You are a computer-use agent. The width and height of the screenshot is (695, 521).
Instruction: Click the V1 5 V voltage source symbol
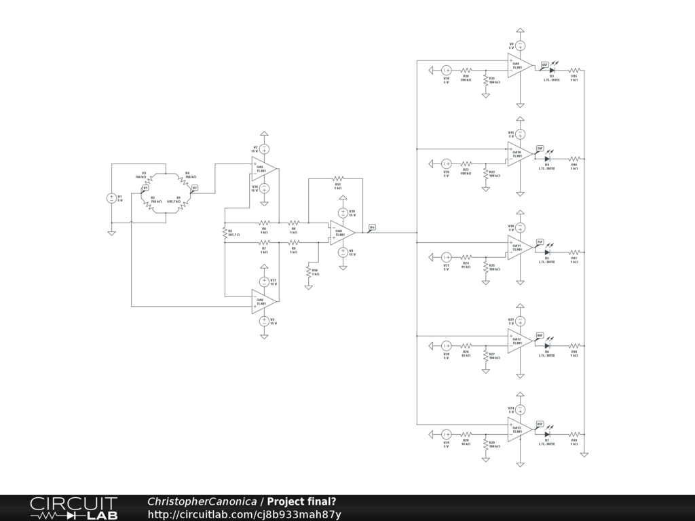(112, 198)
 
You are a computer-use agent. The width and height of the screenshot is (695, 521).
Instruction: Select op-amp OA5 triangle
(262, 167)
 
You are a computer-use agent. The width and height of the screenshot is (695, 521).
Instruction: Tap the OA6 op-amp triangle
(262, 301)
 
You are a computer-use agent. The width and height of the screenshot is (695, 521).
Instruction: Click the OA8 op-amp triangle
(341, 233)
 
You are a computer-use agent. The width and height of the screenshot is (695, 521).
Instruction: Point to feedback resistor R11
(337, 178)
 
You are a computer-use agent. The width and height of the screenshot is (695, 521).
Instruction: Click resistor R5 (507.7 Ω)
(224, 233)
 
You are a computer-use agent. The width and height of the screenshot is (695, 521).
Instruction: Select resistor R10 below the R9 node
(309, 271)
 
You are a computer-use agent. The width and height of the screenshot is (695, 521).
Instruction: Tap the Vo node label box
(372, 227)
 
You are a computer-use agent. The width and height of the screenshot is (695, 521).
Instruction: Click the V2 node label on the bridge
(195, 187)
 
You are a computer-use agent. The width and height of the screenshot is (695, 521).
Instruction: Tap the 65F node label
(544, 64)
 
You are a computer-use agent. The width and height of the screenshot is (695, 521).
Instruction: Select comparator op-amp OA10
(519, 154)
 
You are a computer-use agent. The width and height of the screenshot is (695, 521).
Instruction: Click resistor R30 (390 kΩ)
(466, 70)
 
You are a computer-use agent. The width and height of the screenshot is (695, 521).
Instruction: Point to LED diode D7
(547, 433)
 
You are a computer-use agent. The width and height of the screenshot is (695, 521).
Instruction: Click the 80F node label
(540, 334)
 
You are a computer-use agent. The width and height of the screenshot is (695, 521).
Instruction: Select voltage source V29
(447, 434)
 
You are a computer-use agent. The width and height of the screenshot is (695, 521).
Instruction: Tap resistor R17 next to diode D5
(574, 252)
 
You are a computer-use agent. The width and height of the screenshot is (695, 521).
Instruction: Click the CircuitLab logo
(73, 508)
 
